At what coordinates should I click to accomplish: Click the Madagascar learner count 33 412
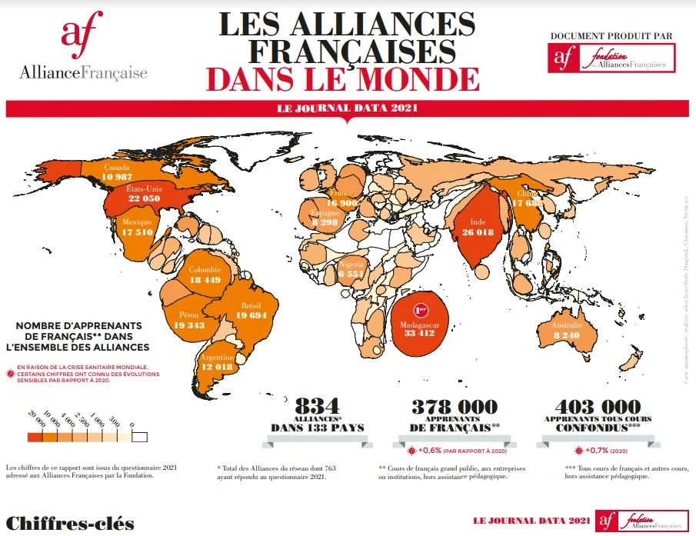(419, 334)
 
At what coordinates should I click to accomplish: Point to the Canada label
(117, 167)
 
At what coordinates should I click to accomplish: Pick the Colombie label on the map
(205, 270)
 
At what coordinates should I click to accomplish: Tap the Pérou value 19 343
(188, 326)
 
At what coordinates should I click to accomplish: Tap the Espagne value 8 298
(325, 222)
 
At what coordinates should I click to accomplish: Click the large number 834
(317, 406)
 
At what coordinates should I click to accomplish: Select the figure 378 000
(454, 407)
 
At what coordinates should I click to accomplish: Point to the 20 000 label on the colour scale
(35, 421)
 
